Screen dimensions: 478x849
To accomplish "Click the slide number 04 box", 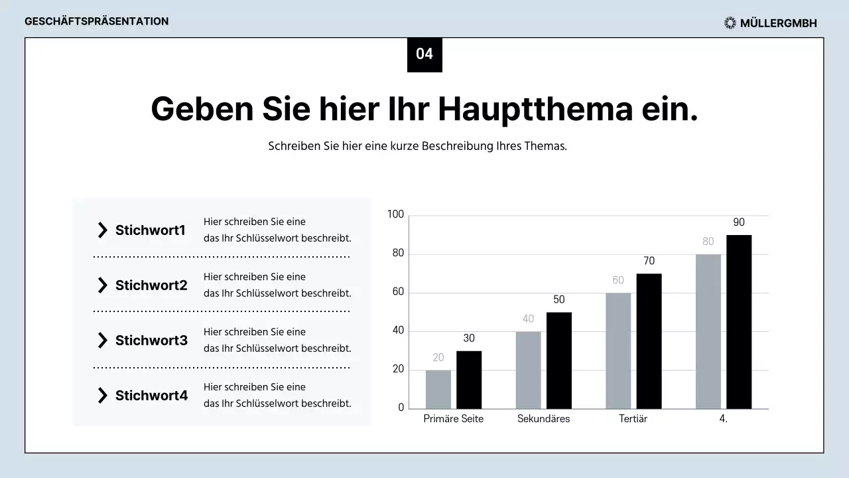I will pyautogui.click(x=424, y=54).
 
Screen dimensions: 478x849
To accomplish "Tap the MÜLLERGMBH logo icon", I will pyautogui.click(x=730, y=23).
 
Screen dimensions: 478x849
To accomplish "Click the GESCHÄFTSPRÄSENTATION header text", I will pyautogui.click(x=97, y=21).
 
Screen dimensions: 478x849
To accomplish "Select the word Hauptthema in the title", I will pyautogui.click(x=535, y=109).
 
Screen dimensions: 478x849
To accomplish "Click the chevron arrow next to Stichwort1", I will pyautogui.click(x=102, y=230).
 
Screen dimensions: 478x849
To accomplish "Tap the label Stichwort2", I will pyautogui.click(x=151, y=285).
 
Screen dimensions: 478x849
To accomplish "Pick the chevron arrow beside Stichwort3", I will pyautogui.click(x=102, y=341).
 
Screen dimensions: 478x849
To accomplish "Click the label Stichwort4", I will pyautogui.click(x=151, y=396).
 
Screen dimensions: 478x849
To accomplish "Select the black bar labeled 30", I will pyautogui.click(x=469, y=380).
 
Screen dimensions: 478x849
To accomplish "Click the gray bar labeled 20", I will pyautogui.click(x=438, y=390).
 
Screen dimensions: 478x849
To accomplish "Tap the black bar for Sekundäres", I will pyautogui.click(x=559, y=360).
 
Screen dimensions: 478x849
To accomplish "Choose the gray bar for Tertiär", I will pyautogui.click(x=618, y=351).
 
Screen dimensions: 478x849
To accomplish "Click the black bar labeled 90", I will pyautogui.click(x=739, y=322).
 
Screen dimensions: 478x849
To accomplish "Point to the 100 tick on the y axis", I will pyautogui.click(x=396, y=214).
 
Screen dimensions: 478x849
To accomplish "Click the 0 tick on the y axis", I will pyautogui.click(x=401, y=408).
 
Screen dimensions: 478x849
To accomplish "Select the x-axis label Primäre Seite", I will pyautogui.click(x=454, y=419).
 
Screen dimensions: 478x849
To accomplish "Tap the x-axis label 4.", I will pyautogui.click(x=723, y=419).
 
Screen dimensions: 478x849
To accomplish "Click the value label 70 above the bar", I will pyautogui.click(x=649, y=261).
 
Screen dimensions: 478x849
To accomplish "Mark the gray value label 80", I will pyautogui.click(x=708, y=242).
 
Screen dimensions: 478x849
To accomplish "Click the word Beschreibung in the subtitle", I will pyautogui.click(x=457, y=146).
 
